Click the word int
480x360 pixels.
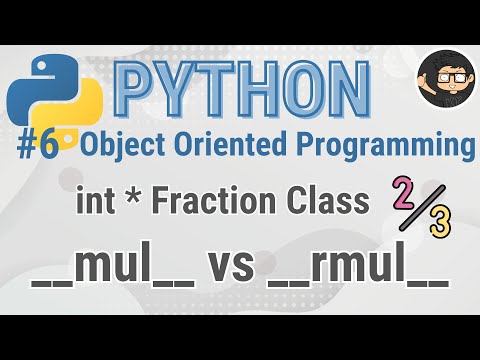click(95, 204)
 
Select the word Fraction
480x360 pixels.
click(204, 204)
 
